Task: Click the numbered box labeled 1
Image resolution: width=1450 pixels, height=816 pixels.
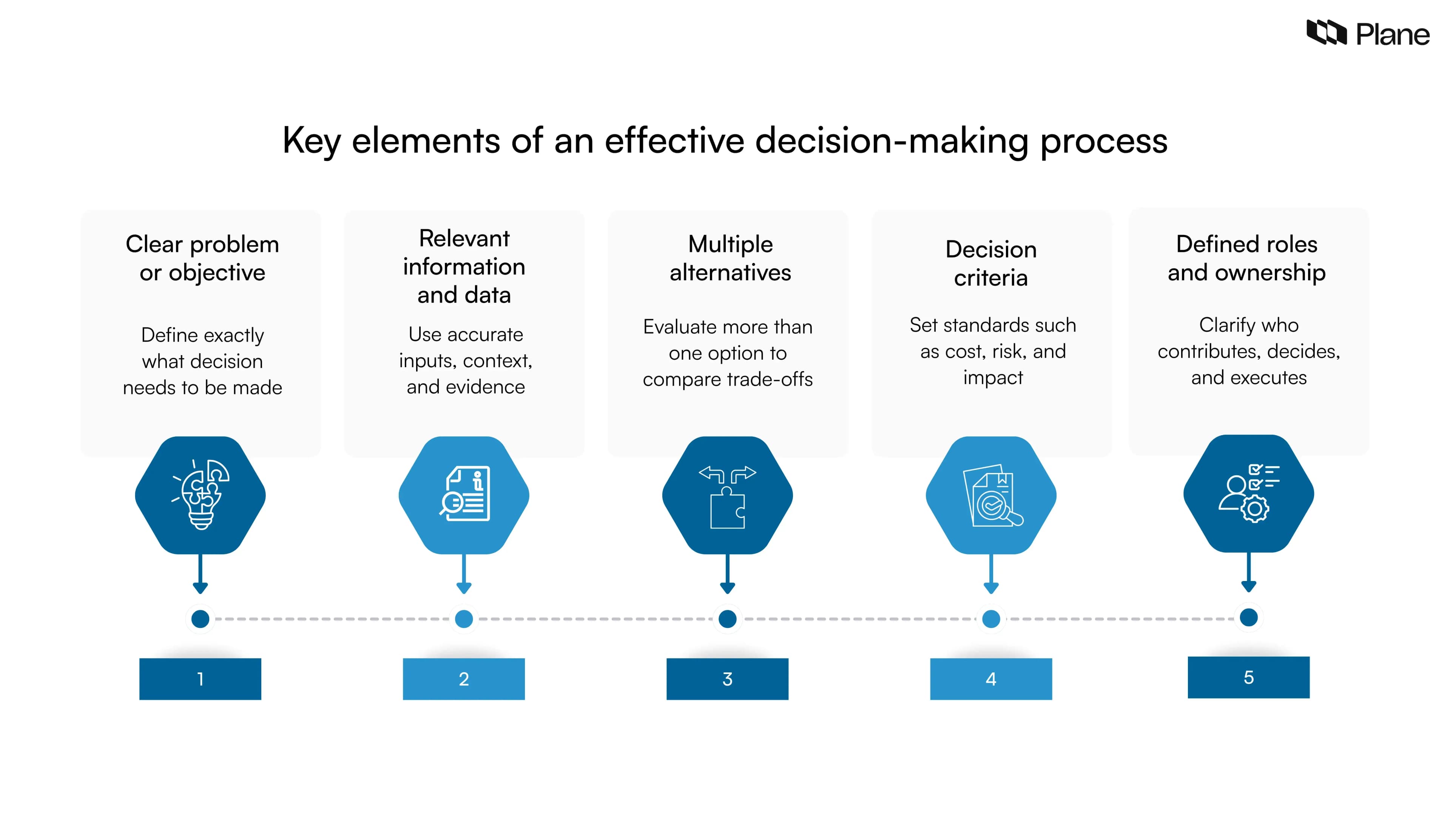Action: [201, 678]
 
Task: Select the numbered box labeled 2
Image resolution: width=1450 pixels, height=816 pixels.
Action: [464, 678]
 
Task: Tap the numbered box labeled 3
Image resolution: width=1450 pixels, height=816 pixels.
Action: [727, 678]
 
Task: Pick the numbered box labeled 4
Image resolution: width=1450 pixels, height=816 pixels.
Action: [991, 678]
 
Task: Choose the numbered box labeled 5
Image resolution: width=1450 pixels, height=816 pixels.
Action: [1248, 677]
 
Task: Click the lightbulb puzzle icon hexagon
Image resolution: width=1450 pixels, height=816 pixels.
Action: [201, 495]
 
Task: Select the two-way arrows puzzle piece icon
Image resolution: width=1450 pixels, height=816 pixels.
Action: [727, 495]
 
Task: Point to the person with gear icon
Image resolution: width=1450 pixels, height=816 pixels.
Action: [1248, 493]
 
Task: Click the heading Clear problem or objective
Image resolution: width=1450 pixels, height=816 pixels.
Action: [202, 258]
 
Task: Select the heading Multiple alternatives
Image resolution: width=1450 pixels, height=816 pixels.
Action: [730, 258]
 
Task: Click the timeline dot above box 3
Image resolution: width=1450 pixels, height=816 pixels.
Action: [727, 619]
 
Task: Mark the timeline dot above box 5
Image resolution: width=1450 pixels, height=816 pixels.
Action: [1248, 617]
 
